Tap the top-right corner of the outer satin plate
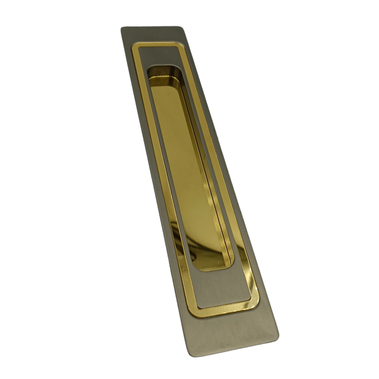[x=183, y=28]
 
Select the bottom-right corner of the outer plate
[x=277, y=337]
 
